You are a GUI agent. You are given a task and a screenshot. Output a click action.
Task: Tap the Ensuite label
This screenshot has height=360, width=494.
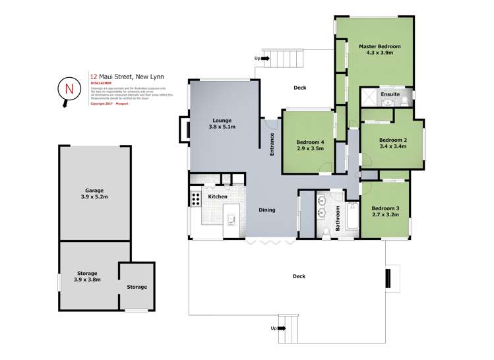pyautogui.click(x=390, y=94)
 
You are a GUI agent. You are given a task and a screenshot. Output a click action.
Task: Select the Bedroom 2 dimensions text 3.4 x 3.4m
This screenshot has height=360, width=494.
pyautogui.click(x=392, y=147)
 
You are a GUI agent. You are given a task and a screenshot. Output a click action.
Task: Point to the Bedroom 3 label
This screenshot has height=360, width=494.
pyautogui.click(x=385, y=208)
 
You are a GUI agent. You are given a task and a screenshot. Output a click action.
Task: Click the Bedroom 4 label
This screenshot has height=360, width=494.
pyautogui.click(x=310, y=142)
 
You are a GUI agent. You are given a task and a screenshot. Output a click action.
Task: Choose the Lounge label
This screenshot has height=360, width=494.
pyautogui.click(x=221, y=121)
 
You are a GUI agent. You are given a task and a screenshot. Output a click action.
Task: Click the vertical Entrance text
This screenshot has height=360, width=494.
pyautogui.click(x=271, y=144)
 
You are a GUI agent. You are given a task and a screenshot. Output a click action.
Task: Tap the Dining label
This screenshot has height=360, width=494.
pyautogui.click(x=266, y=210)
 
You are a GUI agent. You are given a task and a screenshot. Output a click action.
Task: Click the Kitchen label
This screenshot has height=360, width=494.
pyautogui.click(x=218, y=196)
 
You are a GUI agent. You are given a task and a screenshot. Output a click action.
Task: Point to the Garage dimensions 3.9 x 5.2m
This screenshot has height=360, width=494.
pyautogui.click(x=94, y=196)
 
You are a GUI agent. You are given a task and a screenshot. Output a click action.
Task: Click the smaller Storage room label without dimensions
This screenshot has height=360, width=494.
pyautogui.click(x=137, y=287)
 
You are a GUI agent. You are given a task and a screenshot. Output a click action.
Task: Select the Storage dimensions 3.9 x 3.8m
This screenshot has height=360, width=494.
pyautogui.click(x=86, y=280)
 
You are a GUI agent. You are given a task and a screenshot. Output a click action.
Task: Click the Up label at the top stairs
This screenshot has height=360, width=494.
pyautogui.click(x=257, y=59)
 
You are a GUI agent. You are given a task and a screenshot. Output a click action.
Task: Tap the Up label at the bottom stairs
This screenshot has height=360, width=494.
pyautogui.click(x=274, y=328)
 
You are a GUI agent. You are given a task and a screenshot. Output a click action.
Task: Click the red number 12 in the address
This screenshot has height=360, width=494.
pyautogui.click(x=93, y=76)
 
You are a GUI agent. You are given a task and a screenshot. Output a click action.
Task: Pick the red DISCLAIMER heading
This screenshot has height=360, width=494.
pyautogui.click(x=101, y=83)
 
